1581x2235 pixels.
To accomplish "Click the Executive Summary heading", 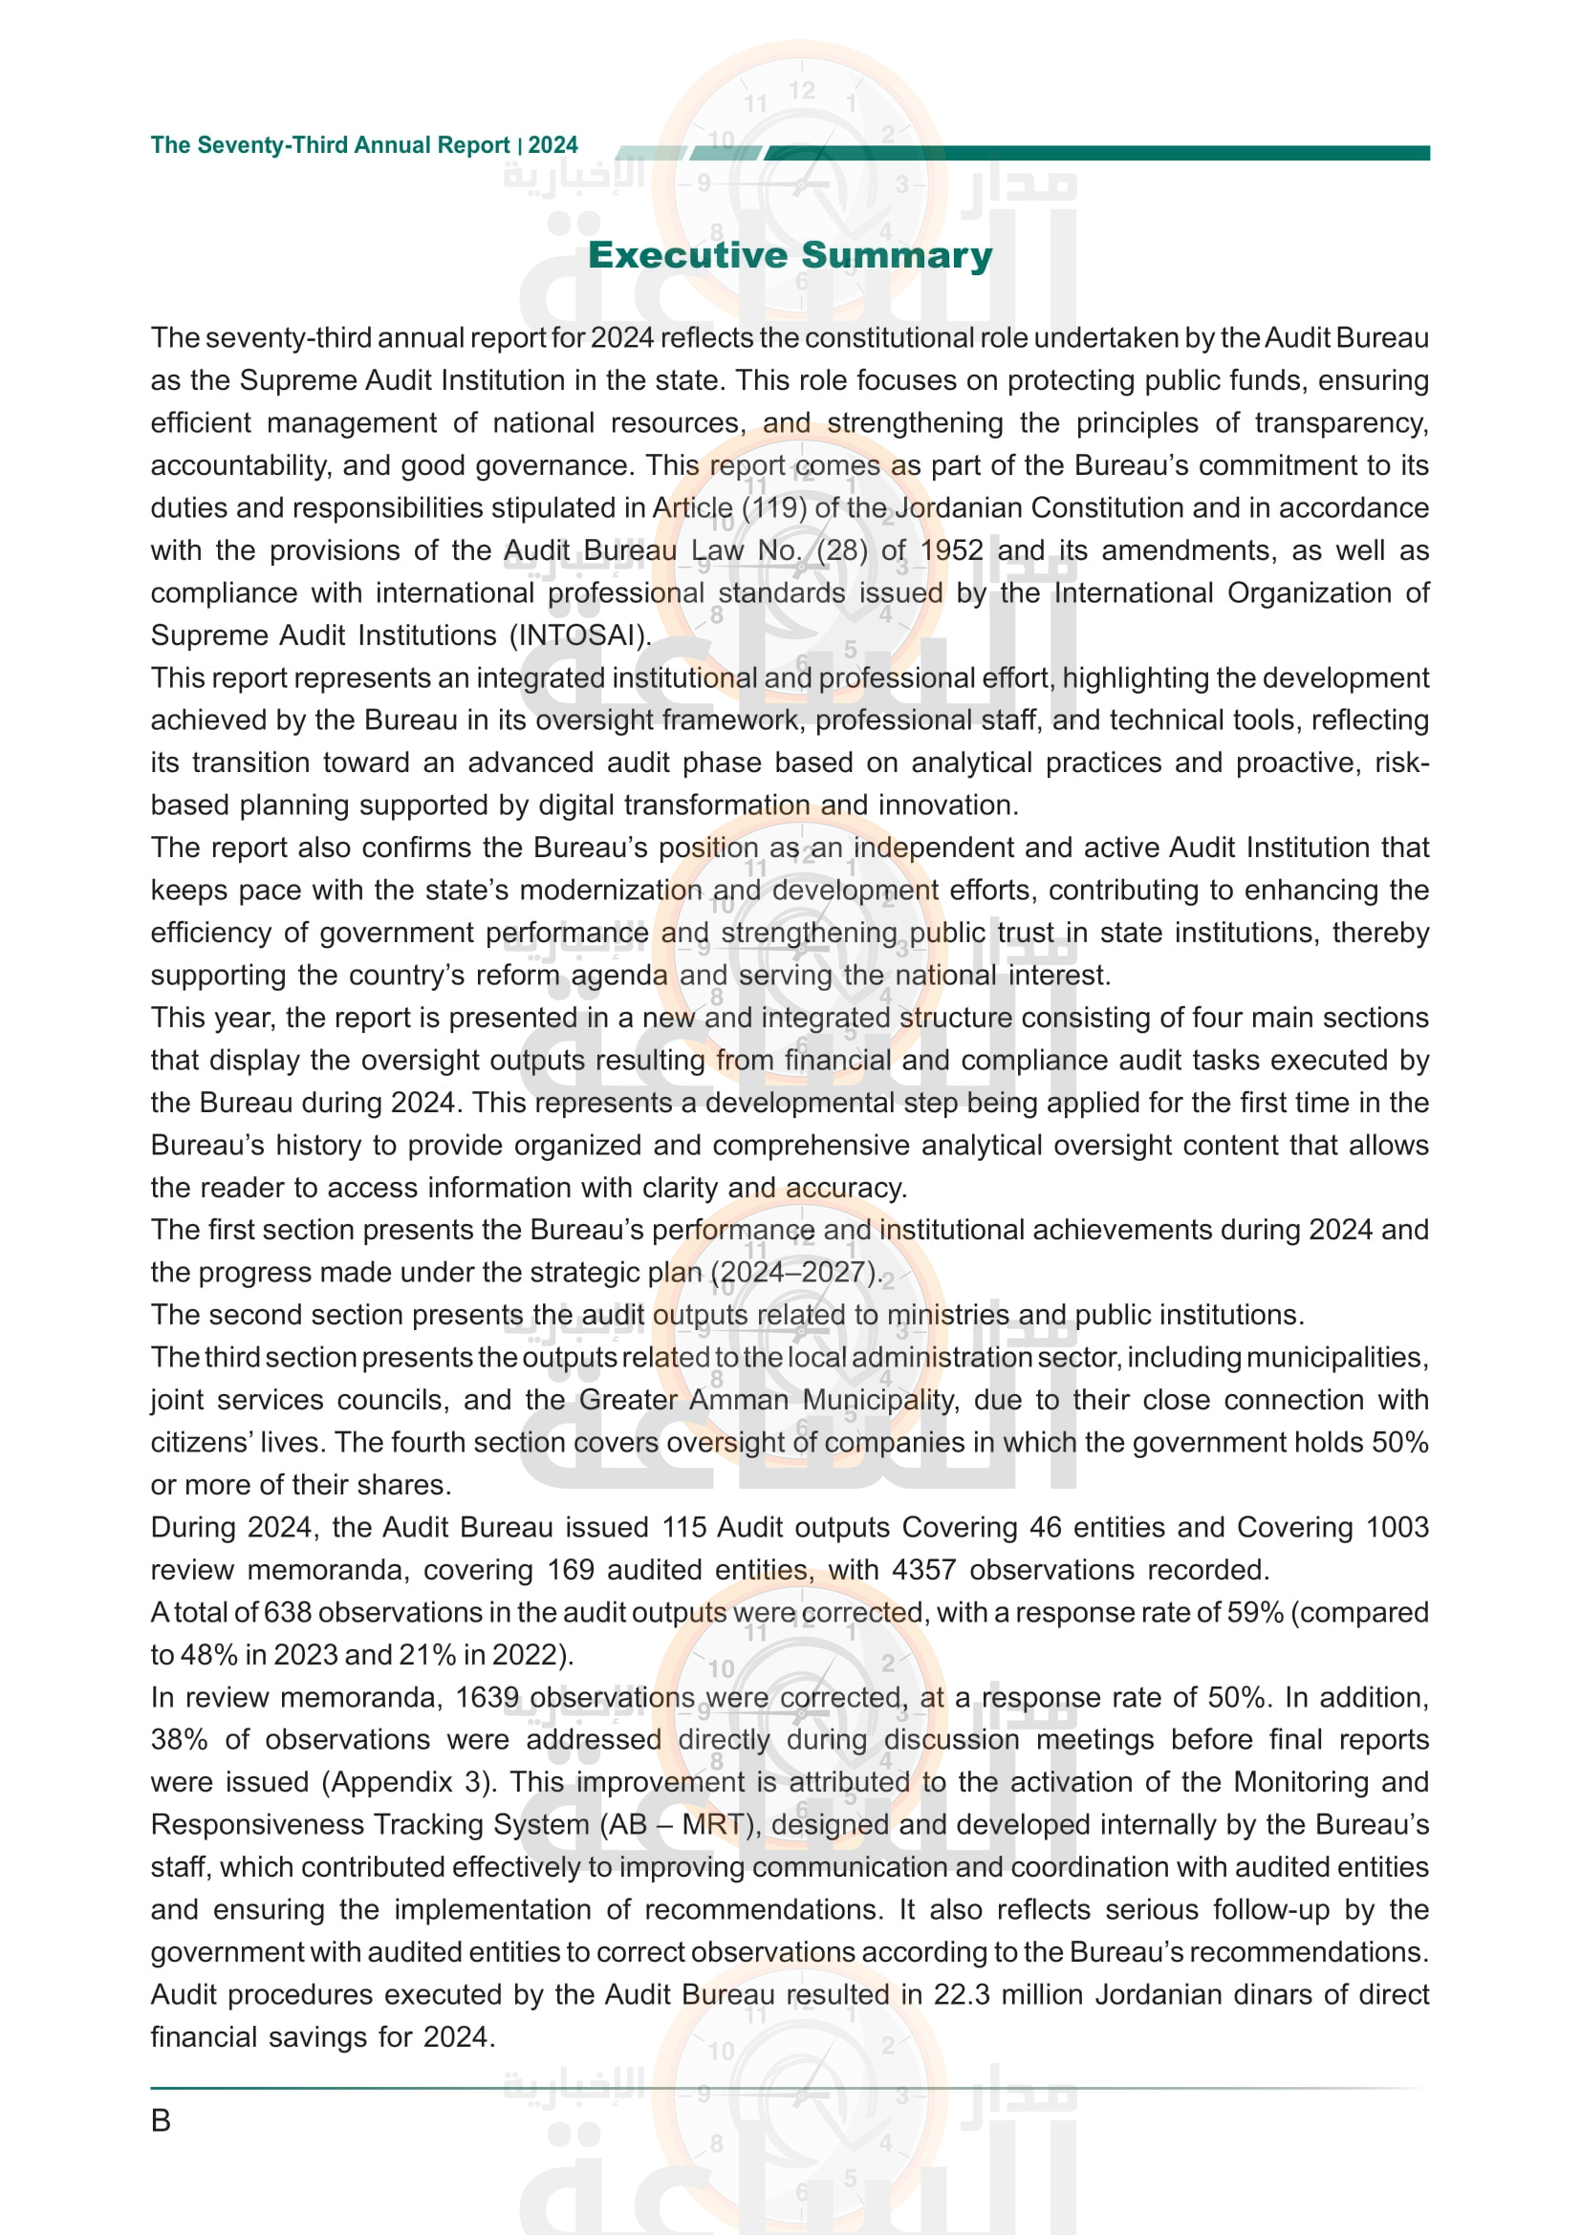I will click(x=790, y=255).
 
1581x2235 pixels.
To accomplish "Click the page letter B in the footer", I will click(x=161, y=2120).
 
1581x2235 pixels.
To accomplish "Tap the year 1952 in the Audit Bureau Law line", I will click(x=951, y=551).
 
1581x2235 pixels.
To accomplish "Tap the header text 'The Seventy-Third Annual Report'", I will click(x=330, y=146).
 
